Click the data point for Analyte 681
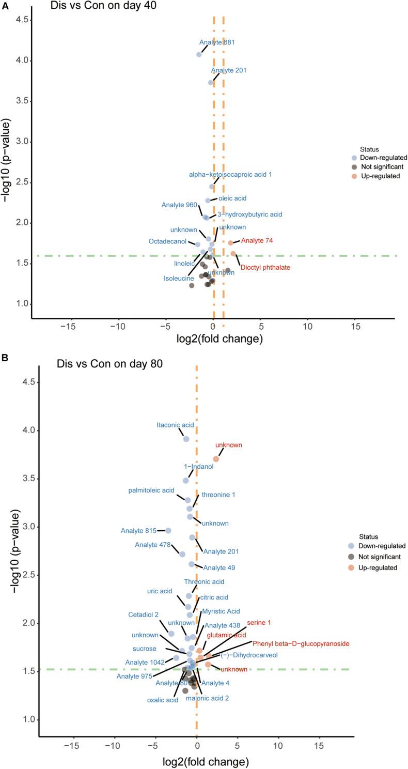[x=199, y=54]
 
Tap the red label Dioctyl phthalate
[x=265, y=268]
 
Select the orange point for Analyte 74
[x=230, y=243]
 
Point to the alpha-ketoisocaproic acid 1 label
[x=230, y=175]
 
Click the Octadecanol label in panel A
[x=167, y=241]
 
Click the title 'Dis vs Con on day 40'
[x=103, y=6]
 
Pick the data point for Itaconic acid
[x=186, y=439]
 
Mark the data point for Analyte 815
[x=168, y=531]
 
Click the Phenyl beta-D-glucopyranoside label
[x=301, y=644]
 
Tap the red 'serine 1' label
[x=259, y=623]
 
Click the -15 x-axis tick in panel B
[x=71, y=746]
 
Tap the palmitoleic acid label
[x=151, y=490]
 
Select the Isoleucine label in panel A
[x=179, y=279]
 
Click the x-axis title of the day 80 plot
[x=206, y=762]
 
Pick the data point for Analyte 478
[x=182, y=554]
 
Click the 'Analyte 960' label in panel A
[x=179, y=205]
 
